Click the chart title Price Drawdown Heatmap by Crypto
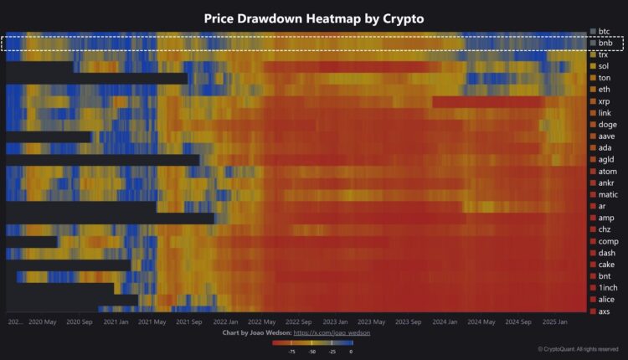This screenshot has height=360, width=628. [313, 18]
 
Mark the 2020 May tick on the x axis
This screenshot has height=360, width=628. [42, 321]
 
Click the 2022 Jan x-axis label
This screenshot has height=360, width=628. [225, 321]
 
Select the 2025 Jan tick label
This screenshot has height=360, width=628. [554, 321]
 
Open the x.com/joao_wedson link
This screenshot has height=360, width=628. [332, 333]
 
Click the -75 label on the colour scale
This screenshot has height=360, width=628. [291, 352]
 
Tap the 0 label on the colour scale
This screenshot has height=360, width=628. [351, 352]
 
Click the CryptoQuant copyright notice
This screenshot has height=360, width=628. [579, 349]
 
